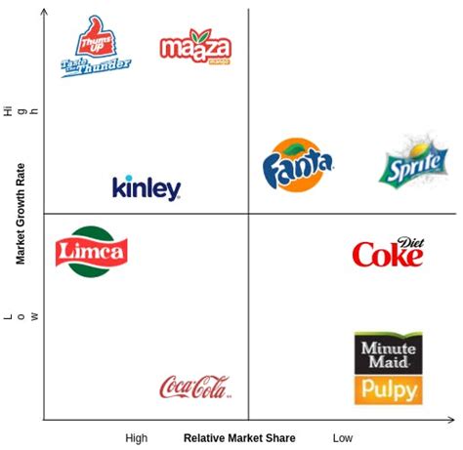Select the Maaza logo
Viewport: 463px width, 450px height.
coord(195,47)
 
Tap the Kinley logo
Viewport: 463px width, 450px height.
coord(147,186)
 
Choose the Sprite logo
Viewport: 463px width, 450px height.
coord(414,163)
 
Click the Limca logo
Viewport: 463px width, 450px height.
coord(92,251)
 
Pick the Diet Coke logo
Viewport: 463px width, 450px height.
coord(388,253)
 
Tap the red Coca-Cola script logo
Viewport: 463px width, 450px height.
coord(194,388)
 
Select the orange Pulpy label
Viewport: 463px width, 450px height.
coord(388,390)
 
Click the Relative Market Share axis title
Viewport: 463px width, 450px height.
coord(239,438)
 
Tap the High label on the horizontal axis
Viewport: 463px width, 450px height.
coord(137,438)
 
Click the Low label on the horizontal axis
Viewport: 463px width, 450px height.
coord(342,438)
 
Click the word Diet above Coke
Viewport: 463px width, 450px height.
coord(411,242)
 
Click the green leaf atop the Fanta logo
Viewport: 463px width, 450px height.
coord(292,144)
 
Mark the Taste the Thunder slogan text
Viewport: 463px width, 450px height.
coord(95,64)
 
